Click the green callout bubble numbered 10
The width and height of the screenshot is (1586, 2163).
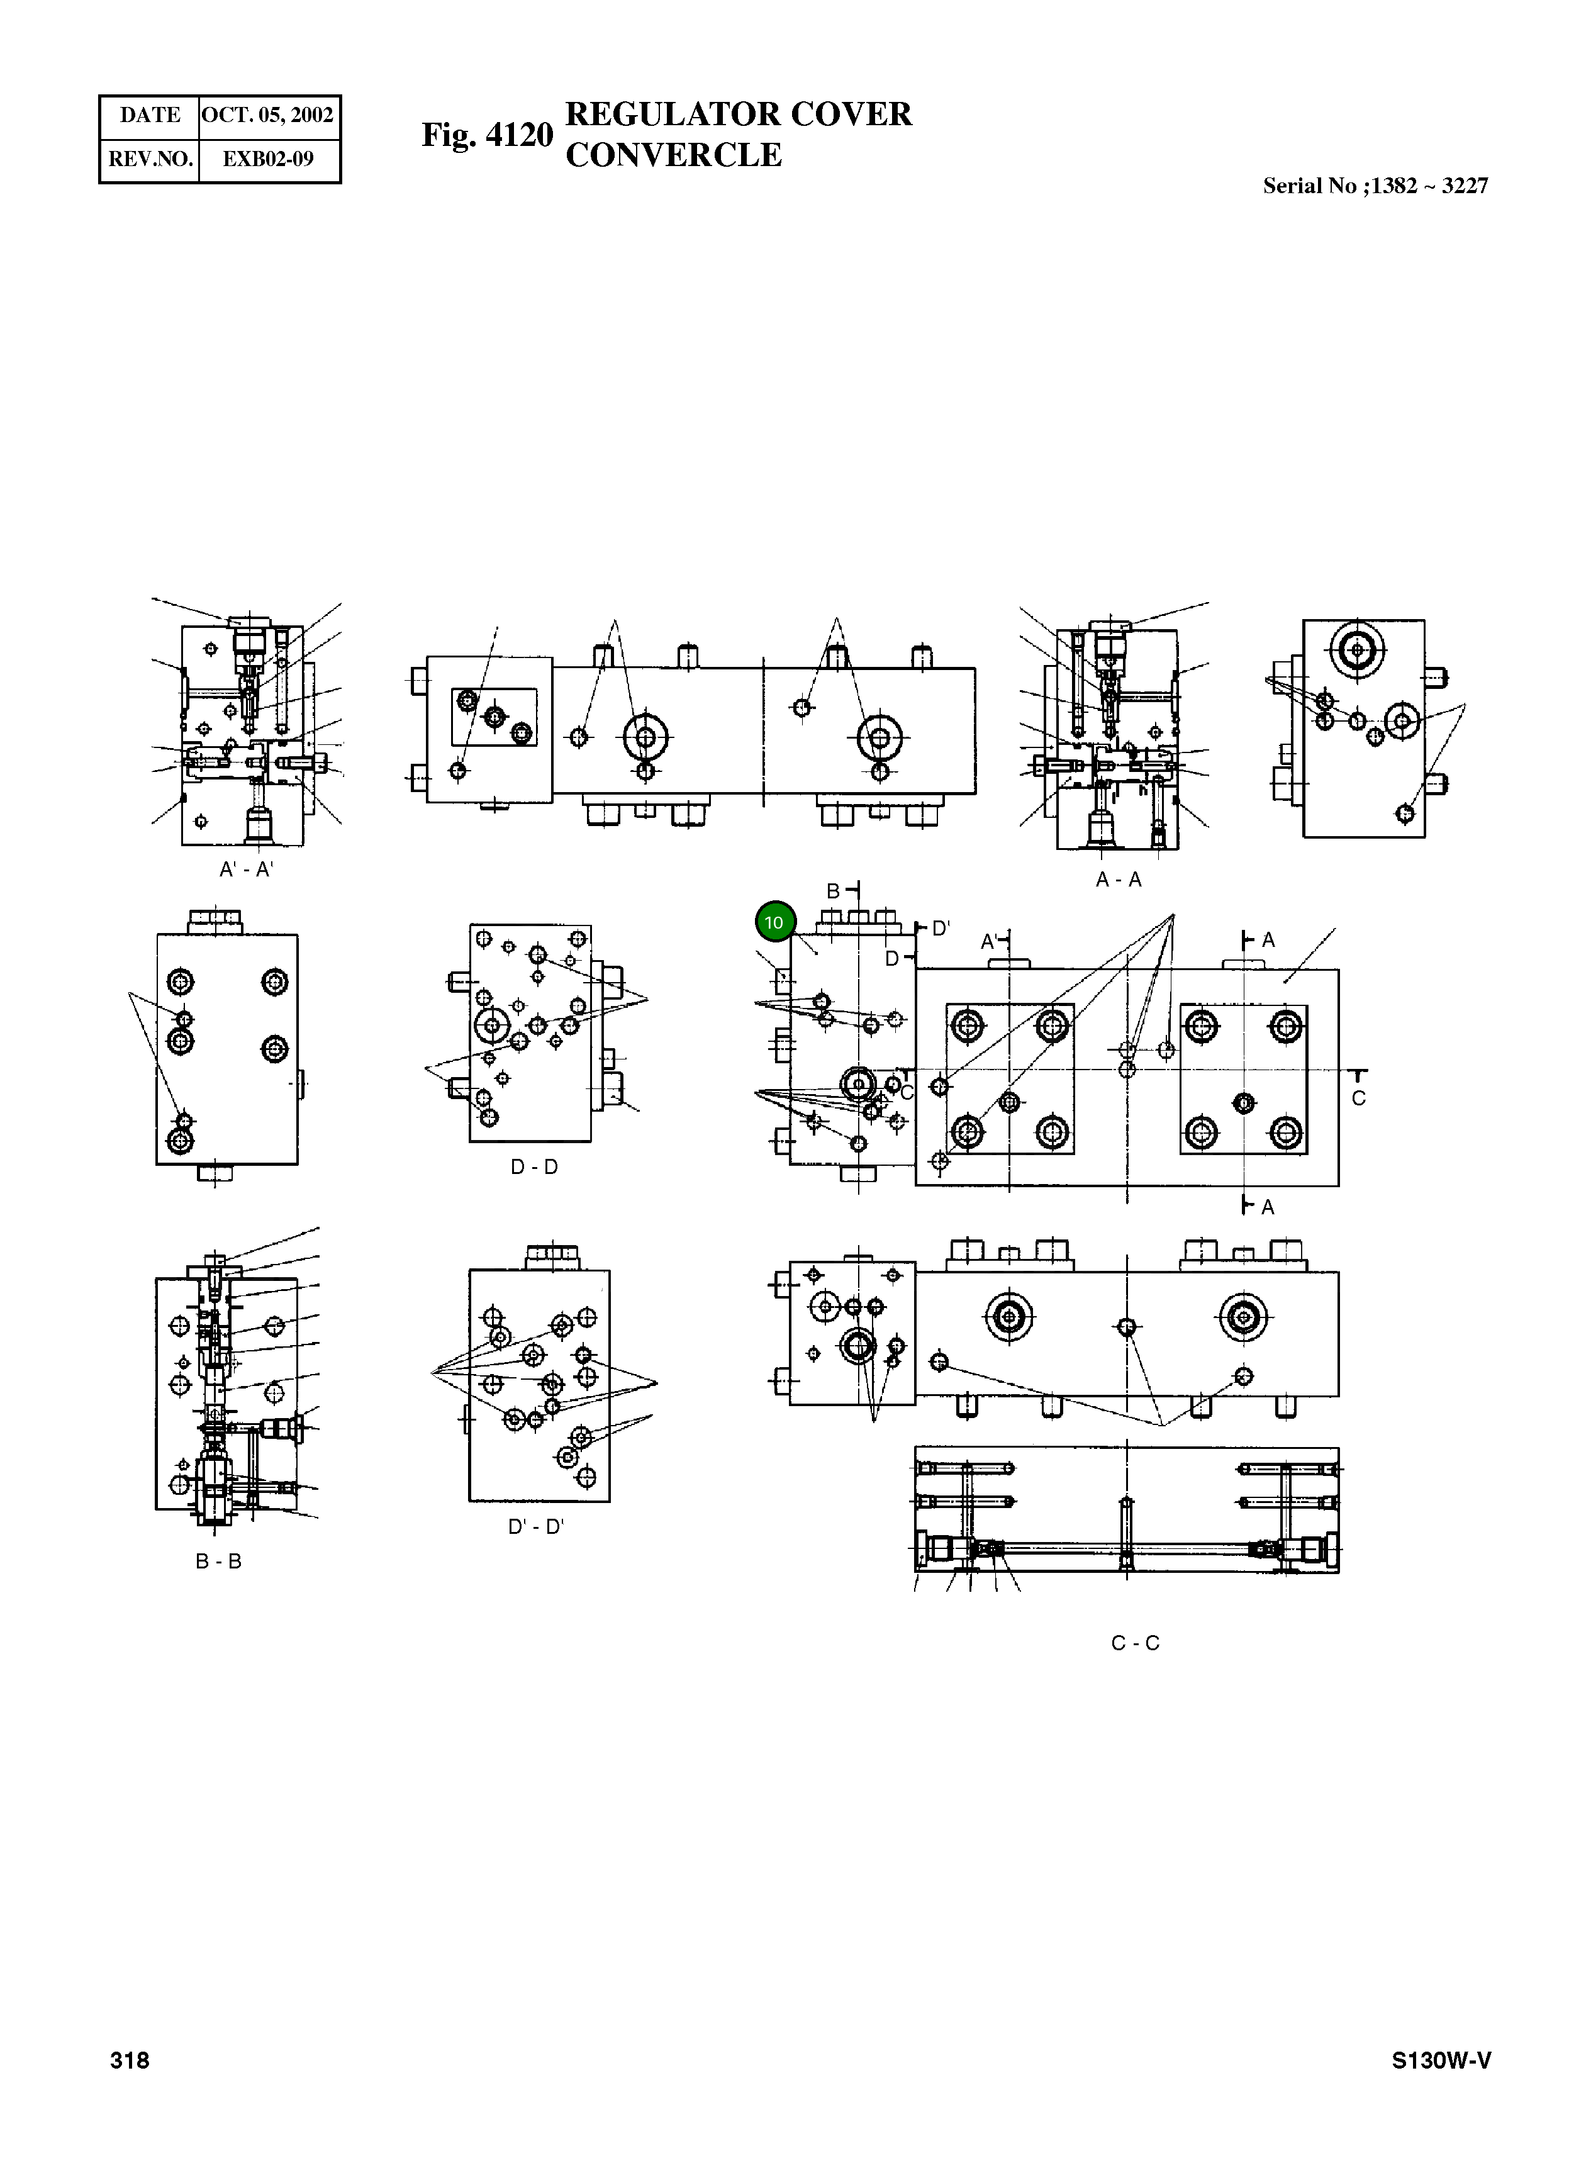pyautogui.click(x=775, y=922)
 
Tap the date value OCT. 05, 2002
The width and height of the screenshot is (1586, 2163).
pyautogui.click(x=268, y=115)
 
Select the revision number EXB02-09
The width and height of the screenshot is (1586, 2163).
pyautogui.click(x=268, y=159)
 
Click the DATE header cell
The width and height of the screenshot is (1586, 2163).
pyautogui.click(x=150, y=115)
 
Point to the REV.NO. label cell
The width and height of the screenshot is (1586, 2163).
pyautogui.click(x=150, y=159)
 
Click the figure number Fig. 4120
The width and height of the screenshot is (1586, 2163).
pyautogui.click(x=488, y=135)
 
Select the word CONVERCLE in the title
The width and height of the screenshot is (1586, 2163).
pyautogui.click(x=674, y=155)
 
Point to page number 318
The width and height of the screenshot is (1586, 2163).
pyautogui.click(x=130, y=2060)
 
